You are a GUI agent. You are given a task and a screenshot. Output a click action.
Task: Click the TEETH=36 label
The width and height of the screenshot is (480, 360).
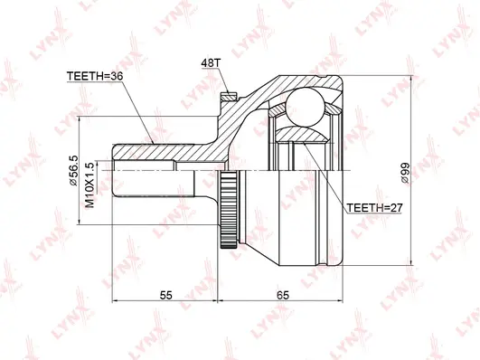[94, 78]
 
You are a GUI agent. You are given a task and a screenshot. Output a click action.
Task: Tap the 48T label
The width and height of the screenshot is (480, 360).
[210, 63]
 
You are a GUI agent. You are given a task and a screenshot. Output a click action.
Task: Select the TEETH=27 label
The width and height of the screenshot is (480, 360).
[374, 207]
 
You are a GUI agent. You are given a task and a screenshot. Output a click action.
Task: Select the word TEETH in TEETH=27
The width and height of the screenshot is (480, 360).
[362, 207]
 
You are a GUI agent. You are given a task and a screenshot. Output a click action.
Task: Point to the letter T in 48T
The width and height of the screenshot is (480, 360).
[217, 63]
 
